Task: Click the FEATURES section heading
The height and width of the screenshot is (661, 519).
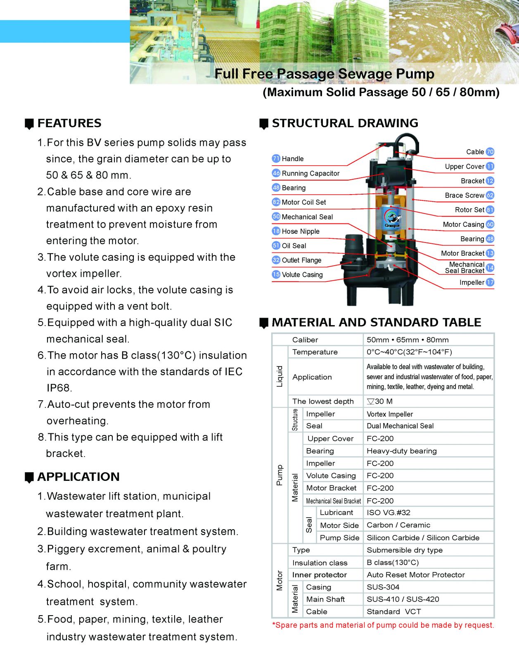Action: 69,123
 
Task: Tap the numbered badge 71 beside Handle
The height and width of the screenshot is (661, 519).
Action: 276,159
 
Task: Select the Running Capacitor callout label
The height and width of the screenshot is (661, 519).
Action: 310,174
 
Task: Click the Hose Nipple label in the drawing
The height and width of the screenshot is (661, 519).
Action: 301,231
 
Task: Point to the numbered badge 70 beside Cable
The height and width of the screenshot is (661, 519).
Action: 490,152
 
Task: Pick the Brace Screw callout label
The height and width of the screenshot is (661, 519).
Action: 464,195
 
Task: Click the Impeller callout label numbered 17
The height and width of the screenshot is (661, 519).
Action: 472,283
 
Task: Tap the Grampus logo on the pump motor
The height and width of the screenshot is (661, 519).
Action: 391,218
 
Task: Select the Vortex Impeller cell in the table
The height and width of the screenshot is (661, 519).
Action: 390,414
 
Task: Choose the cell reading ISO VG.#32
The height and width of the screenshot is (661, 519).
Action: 389,513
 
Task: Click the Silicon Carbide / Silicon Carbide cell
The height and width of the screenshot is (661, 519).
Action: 423,538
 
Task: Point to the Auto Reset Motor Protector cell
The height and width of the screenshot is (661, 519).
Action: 415,575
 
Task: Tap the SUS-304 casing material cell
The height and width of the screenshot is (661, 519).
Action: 383,587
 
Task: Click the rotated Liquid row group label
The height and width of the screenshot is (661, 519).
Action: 280,376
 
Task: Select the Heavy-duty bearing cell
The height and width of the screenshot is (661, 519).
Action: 401,451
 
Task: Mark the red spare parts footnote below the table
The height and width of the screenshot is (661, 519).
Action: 383,625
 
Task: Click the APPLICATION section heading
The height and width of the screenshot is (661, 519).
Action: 78,477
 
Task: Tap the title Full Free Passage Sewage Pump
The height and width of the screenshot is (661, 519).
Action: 324,74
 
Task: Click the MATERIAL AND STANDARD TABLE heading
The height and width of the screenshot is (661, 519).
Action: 376,322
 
